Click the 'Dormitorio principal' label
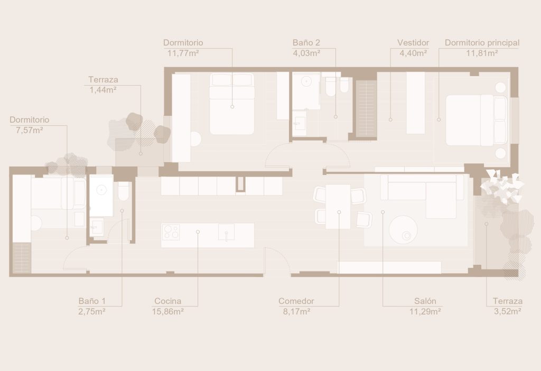482,43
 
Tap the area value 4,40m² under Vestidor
413,53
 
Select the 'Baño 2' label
306,43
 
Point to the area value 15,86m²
167,312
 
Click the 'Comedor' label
296,301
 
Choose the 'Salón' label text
425,301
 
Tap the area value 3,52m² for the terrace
507,312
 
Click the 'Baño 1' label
92,301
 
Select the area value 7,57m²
30,131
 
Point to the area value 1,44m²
103,90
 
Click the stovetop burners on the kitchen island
171,231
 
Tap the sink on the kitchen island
226,232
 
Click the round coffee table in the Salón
403,229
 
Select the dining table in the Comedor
338,207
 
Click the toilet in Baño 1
124,191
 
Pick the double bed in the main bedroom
477,120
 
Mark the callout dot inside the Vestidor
390,120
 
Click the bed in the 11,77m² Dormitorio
232,104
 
